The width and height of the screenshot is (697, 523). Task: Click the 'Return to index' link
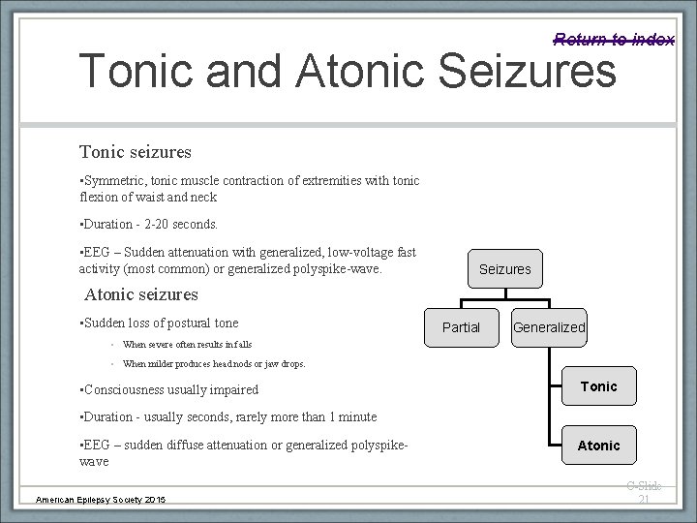[x=614, y=39]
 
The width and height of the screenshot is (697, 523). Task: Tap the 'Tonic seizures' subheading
[x=136, y=152]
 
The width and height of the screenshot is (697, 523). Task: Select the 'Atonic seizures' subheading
[x=141, y=293]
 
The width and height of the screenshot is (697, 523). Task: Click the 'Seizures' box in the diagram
[x=504, y=268]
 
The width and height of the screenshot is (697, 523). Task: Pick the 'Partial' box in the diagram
[x=461, y=327]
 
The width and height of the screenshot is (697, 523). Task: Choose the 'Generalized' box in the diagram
[x=549, y=327]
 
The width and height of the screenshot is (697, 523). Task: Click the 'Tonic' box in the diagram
[x=598, y=386]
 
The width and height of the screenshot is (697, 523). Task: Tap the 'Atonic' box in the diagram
[x=598, y=446]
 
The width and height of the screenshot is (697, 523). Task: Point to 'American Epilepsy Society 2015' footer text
[x=101, y=499]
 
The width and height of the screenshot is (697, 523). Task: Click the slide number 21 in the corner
[x=643, y=499]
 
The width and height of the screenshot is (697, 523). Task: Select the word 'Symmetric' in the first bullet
[x=113, y=181]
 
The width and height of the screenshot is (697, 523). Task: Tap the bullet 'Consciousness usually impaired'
[x=169, y=389]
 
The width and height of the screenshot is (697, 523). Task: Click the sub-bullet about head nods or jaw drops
[x=213, y=364]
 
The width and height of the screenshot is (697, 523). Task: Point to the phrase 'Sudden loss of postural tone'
[x=161, y=323]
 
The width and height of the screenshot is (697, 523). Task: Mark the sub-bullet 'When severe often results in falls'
[x=187, y=344]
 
